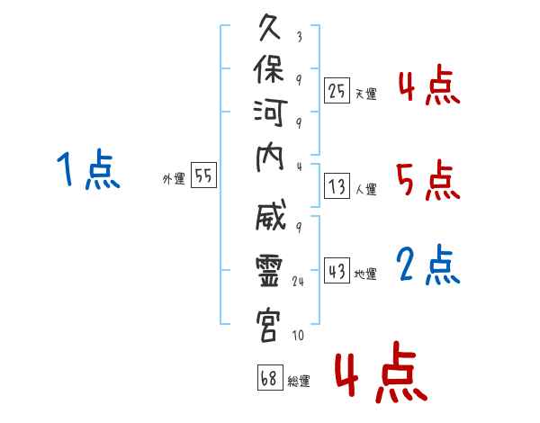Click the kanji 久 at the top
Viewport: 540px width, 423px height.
point(270,28)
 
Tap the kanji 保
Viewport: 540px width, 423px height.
point(269,69)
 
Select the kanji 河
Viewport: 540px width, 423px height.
point(270,113)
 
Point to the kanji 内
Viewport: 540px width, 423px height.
point(270,157)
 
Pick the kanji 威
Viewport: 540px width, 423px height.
point(271,214)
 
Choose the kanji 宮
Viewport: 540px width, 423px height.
point(268,326)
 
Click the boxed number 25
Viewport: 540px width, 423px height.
point(337,91)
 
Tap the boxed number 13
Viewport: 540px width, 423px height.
point(337,186)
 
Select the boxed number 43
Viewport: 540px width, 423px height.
point(337,270)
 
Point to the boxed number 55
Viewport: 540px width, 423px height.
point(203,175)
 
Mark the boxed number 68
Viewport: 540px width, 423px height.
point(270,377)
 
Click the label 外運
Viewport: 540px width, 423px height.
point(174,179)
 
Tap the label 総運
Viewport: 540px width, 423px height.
point(299,381)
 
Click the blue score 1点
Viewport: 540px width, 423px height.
point(88,169)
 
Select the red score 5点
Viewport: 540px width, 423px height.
point(428,180)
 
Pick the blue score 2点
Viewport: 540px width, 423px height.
point(428,265)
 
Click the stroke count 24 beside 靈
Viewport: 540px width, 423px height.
point(298,281)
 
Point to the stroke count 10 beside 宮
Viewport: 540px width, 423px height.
point(298,335)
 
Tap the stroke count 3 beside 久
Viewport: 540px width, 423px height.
point(300,37)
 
